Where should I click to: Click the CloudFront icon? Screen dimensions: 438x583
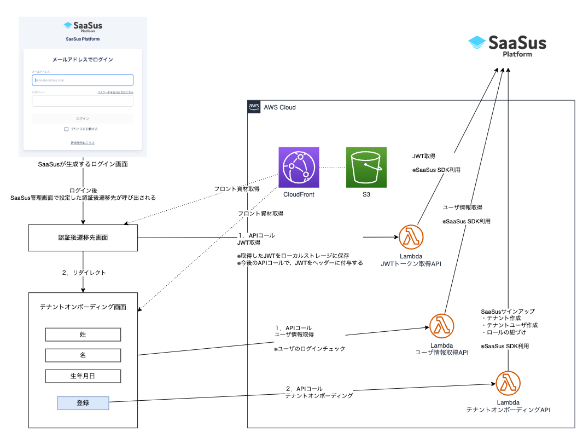point(299,167)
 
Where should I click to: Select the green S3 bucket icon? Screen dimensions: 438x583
point(366,167)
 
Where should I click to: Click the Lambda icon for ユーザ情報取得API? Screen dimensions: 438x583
point(441,326)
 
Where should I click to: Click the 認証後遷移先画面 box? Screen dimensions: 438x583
point(83,238)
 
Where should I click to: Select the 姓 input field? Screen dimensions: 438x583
point(83,335)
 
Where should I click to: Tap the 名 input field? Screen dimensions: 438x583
point(83,355)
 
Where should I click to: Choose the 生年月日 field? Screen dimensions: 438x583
point(83,376)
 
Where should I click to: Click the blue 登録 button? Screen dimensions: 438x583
point(83,402)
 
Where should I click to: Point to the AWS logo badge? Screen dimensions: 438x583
point(254,107)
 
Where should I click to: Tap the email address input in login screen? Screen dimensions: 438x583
point(83,80)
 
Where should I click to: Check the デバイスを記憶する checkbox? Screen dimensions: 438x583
point(67,129)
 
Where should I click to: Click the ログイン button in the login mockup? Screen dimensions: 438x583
point(83,118)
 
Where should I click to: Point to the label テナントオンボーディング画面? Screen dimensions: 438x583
point(83,307)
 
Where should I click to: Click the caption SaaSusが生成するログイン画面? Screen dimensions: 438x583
point(83,164)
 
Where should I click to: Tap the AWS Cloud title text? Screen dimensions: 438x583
point(279,107)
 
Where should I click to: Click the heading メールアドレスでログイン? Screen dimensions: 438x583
point(83,59)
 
